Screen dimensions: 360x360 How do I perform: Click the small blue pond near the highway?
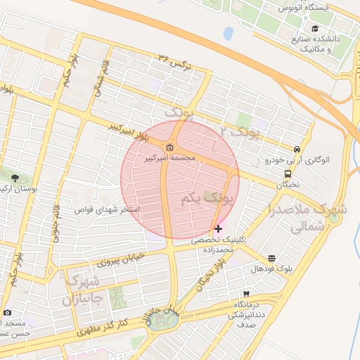229,33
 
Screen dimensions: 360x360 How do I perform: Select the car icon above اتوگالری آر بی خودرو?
298,149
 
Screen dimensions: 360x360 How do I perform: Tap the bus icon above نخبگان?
288,174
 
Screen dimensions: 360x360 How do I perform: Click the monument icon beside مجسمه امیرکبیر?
171,148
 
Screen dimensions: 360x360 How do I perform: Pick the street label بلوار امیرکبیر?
129,134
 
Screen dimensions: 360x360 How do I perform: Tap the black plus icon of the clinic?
219,229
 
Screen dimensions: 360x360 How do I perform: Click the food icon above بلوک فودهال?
272,259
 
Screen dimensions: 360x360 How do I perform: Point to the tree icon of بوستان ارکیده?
15,179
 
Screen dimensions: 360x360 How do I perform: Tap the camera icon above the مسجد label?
7,312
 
